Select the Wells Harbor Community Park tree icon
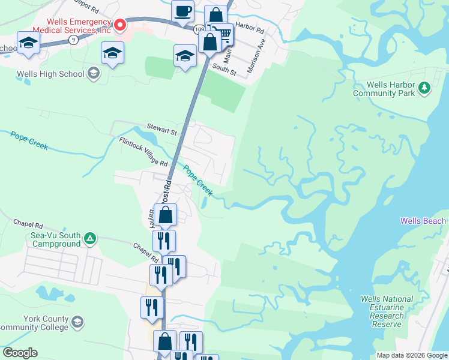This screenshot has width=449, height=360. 424,88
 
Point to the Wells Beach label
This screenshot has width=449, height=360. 424,221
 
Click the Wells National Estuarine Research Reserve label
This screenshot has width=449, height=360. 387,311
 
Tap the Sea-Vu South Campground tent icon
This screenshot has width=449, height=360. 90,239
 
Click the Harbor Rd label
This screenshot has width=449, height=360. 250,28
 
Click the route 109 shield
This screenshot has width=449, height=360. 199,28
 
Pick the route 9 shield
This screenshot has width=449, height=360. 73,40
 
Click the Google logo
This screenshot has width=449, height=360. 20,353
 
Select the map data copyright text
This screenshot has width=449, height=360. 411,355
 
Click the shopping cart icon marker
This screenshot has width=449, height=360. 223,35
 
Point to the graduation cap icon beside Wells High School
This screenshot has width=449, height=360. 93,74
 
